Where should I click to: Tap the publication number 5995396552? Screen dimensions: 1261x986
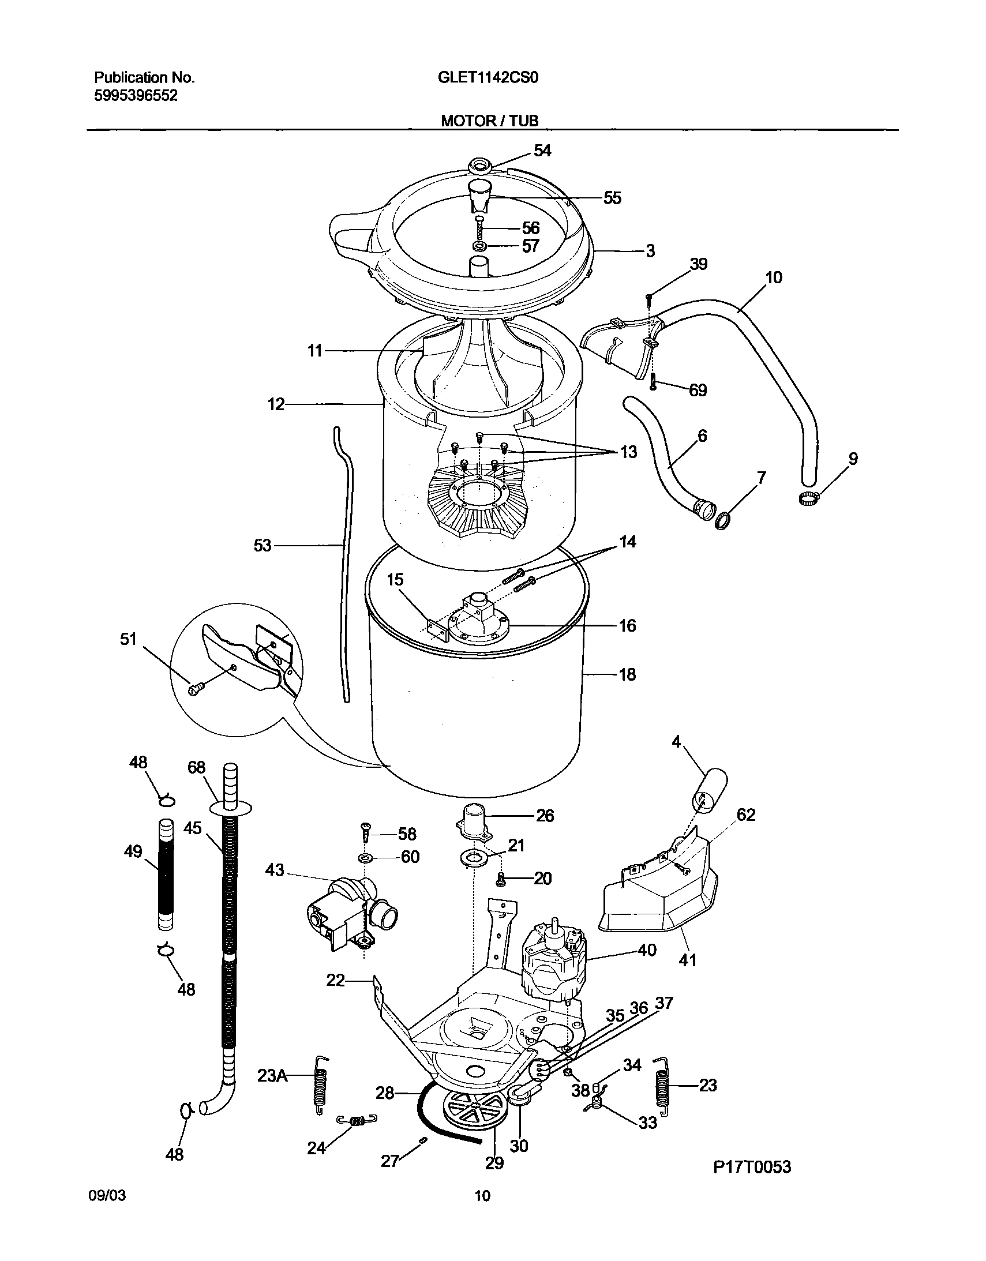[136, 96]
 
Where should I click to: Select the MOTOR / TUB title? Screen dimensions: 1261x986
[489, 121]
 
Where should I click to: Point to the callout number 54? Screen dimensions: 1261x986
[542, 151]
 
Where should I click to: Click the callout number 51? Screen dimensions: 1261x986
[128, 639]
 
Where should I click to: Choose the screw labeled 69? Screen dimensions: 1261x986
[653, 381]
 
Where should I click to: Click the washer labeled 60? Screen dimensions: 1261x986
[365, 858]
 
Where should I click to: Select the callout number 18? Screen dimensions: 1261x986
[627, 674]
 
